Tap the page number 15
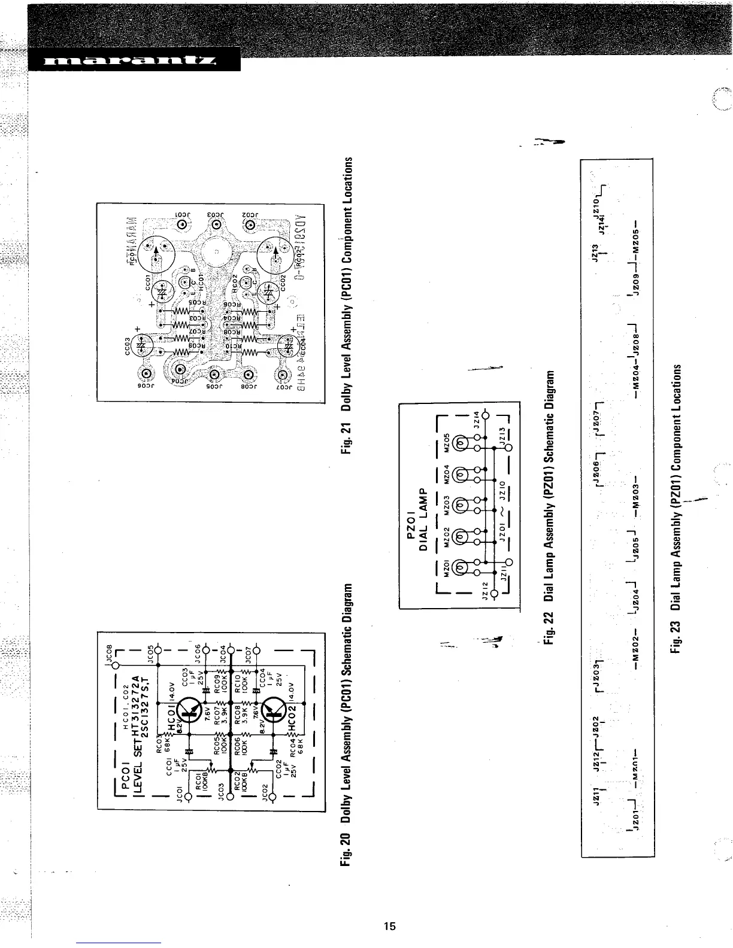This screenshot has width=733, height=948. click(x=389, y=926)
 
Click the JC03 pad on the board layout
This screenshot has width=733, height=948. click(x=217, y=225)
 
